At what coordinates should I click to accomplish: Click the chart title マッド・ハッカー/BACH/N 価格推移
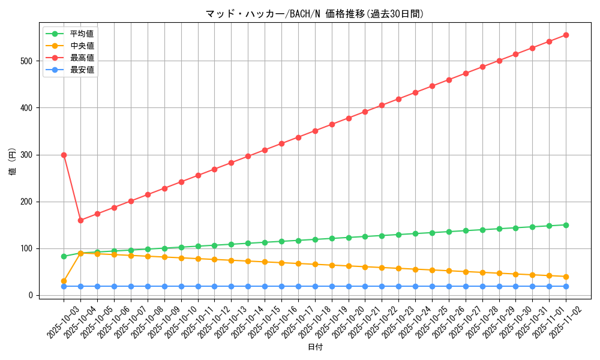314,14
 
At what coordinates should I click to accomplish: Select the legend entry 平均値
82,34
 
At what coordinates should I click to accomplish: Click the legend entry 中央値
82,46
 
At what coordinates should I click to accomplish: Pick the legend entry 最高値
82,58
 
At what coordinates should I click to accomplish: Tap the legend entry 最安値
82,70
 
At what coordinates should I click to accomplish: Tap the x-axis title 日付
314,347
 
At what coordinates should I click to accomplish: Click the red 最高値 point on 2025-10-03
64,155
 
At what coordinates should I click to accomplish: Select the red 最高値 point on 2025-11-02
566,35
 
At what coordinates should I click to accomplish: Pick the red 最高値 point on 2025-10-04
80,220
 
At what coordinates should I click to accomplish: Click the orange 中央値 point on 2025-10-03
64,281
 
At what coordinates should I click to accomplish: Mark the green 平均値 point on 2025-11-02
566,225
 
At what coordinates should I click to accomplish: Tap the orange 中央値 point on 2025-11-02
566,277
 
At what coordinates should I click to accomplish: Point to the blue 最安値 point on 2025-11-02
566,286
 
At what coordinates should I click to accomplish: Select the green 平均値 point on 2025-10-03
64,256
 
